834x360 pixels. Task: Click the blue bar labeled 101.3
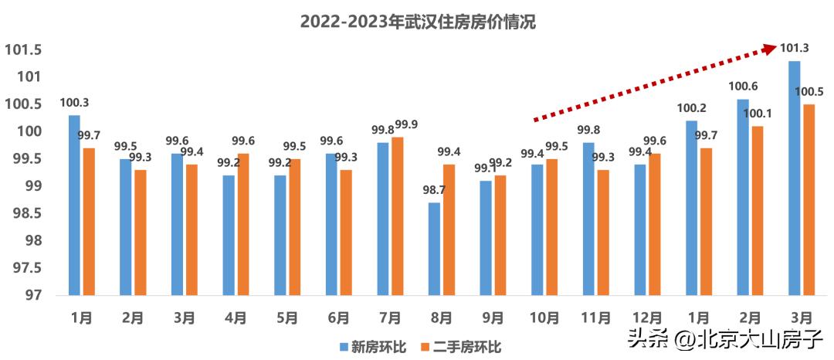coord(795,178)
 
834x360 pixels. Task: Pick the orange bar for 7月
coord(398,216)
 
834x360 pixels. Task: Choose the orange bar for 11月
coord(603,232)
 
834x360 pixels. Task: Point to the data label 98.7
coord(434,190)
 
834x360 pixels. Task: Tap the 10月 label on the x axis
coord(544,318)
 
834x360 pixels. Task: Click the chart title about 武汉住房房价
coord(417,22)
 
